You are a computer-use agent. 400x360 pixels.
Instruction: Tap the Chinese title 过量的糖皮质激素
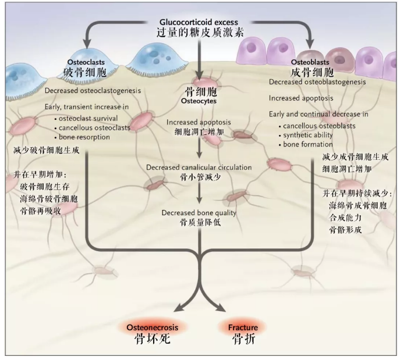[x=200, y=32]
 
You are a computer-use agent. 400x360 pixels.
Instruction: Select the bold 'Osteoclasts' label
[x=83, y=62]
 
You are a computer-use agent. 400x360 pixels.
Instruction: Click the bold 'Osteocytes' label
[x=199, y=101]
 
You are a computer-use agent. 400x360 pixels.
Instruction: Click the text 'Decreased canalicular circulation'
[x=199, y=167]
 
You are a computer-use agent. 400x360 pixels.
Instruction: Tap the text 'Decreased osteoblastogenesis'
[x=317, y=82]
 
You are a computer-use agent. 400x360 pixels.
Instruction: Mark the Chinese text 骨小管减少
[x=199, y=177]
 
